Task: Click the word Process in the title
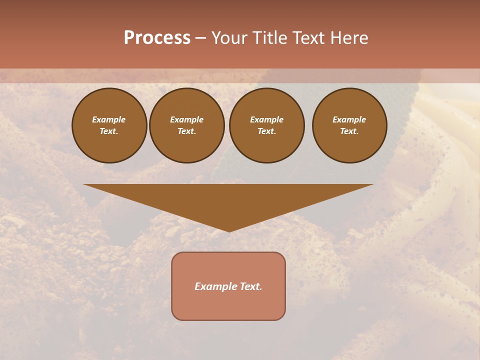[157, 38]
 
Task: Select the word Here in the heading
[348, 38]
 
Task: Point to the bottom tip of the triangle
[229, 231]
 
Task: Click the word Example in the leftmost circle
[109, 119]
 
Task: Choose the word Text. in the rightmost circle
[349, 131]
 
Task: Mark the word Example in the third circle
[267, 119]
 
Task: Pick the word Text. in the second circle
[187, 131]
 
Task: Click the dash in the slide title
[200, 38]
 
